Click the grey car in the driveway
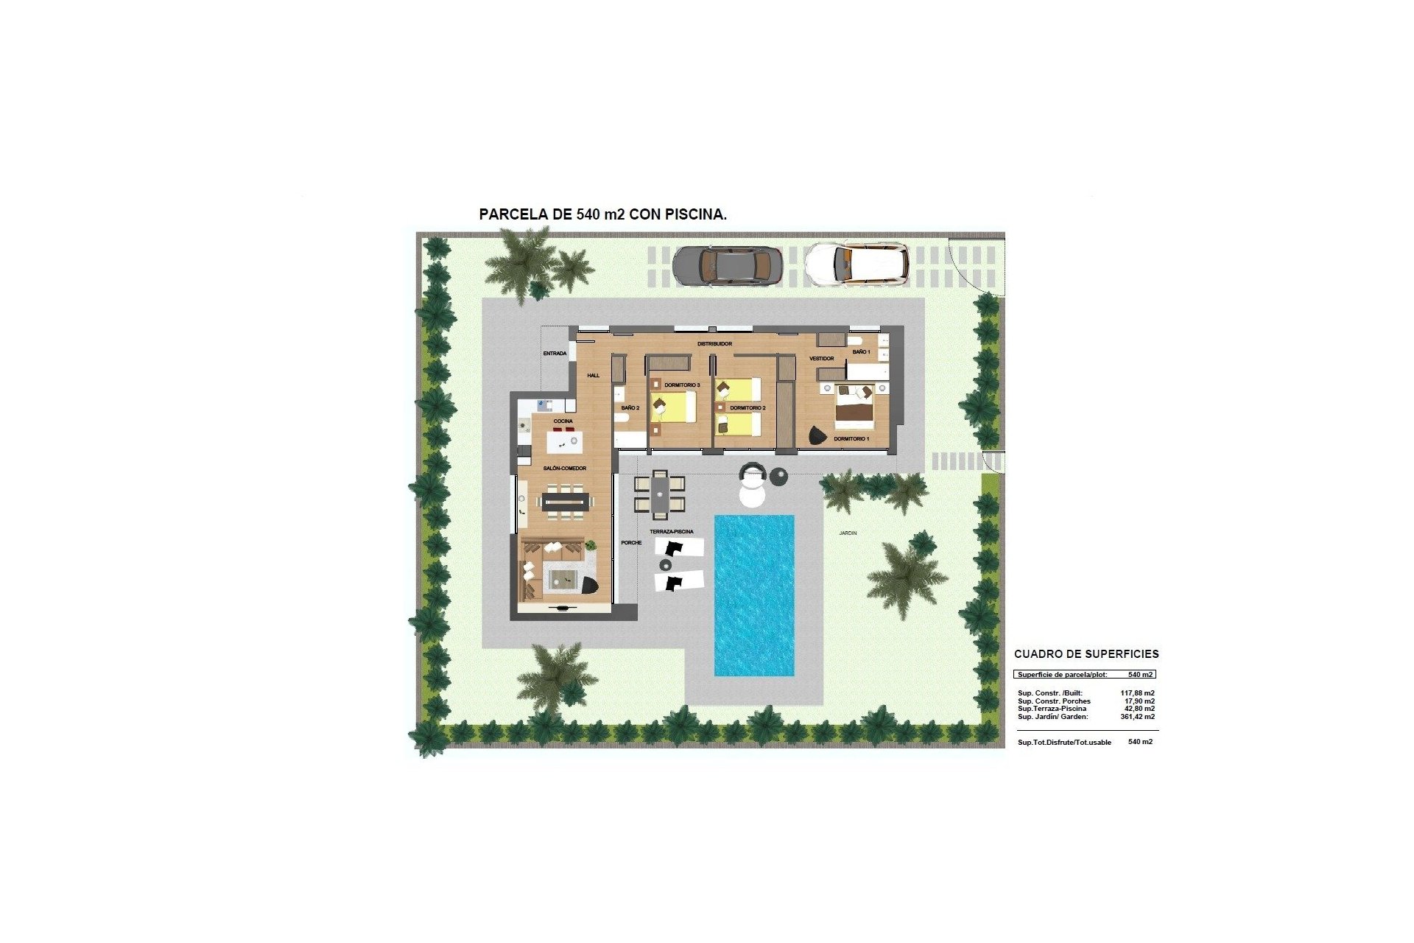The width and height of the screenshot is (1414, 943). (x=726, y=264)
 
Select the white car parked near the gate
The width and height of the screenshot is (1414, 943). (x=856, y=263)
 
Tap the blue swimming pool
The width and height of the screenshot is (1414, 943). (x=754, y=595)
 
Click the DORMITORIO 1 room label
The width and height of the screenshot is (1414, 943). (x=851, y=439)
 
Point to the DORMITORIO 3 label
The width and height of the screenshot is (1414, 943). (x=682, y=385)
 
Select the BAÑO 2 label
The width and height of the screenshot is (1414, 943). (x=630, y=408)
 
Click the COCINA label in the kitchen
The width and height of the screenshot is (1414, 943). (x=563, y=421)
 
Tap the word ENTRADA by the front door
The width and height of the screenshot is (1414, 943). (x=555, y=354)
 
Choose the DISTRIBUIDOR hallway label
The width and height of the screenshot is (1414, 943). (x=714, y=344)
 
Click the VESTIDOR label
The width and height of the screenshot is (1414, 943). (x=821, y=359)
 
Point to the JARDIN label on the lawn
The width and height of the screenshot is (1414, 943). (x=848, y=533)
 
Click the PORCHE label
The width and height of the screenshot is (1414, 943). (x=631, y=543)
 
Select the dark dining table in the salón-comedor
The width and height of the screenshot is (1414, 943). (x=566, y=502)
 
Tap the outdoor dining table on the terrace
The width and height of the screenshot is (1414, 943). (x=660, y=494)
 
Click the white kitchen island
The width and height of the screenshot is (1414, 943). (x=564, y=443)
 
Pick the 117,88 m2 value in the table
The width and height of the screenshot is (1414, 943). (x=1137, y=693)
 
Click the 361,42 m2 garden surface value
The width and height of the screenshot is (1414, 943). (x=1137, y=717)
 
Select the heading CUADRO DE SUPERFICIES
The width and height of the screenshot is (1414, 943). (x=1086, y=654)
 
